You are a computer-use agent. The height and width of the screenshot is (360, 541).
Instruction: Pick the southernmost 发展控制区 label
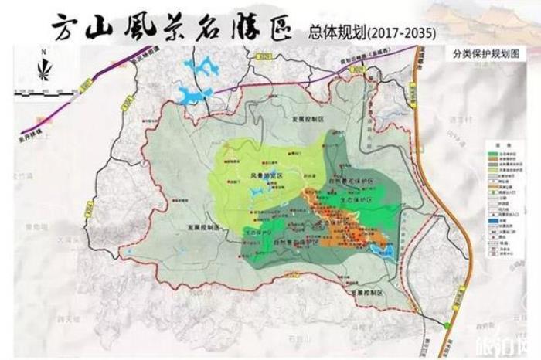pos(366,294)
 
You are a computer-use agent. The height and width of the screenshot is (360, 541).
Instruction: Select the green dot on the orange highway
pos(448,327)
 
